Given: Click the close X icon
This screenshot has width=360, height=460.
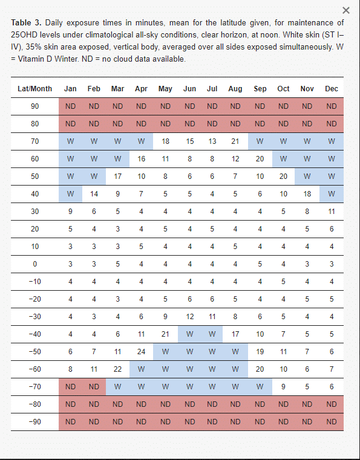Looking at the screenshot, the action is click(346, 10).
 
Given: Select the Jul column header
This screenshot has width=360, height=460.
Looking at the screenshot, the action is click(212, 89).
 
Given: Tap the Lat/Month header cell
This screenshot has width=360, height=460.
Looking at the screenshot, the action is click(34, 89).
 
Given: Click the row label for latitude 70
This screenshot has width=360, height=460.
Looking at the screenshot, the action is click(34, 141).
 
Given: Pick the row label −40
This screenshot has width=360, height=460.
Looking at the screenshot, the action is click(34, 334).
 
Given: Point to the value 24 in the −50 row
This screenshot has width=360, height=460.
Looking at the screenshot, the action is click(141, 352).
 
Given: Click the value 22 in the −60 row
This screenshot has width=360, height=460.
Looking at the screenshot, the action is click(117, 369).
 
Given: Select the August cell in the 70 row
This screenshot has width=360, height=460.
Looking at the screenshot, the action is click(235, 141).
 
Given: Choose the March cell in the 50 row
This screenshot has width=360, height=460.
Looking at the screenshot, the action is click(117, 177).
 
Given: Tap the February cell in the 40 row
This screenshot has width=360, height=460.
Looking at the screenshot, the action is click(94, 194).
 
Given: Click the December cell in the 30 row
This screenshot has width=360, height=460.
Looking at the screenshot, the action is click(332, 212).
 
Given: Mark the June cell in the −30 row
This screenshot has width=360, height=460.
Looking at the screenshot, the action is click(190, 317).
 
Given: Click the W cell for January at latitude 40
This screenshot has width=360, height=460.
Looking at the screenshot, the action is click(70, 194).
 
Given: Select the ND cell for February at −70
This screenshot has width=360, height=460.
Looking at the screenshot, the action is click(94, 387).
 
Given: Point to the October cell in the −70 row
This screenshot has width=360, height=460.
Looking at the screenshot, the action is click(283, 387).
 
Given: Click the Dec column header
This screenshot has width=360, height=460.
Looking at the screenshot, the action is click(332, 89).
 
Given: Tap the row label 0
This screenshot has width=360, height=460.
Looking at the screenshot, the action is click(34, 264).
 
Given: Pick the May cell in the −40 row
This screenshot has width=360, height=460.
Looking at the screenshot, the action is click(165, 334).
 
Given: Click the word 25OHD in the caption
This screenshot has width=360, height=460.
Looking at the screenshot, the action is click(24, 35).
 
